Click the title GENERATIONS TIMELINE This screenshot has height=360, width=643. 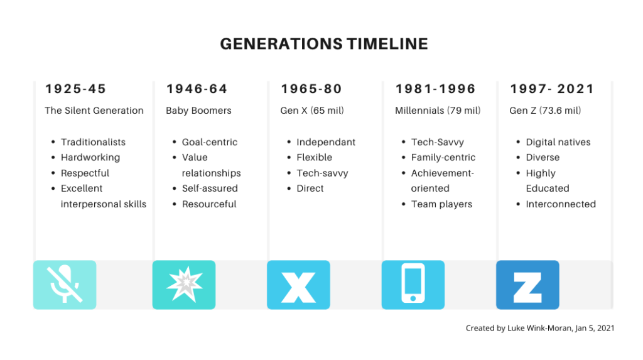point(323,44)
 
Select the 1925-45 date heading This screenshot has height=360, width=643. point(75,89)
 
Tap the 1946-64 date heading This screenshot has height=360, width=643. point(197,89)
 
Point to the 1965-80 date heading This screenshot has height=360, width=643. point(312,89)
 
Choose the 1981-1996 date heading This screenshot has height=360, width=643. point(435,89)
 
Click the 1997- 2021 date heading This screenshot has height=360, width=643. point(553,89)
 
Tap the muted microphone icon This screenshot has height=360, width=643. point(65,285)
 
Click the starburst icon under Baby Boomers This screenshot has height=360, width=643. point(184,285)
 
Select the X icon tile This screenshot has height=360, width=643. point(298,285)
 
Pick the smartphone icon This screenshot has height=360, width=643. point(413,285)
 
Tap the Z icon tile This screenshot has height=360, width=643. point(527,285)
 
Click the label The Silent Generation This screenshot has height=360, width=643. point(94,111)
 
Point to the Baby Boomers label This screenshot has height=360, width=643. point(198,111)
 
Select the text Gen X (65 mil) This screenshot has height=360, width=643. point(312,111)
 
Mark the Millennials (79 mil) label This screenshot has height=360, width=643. point(438,111)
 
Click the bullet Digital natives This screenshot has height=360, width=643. point(558,142)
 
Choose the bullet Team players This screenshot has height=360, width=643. point(441,204)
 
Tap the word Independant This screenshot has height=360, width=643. point(326,142)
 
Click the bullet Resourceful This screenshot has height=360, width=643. point(209,204)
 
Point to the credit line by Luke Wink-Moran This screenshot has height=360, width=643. point(540,328)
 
